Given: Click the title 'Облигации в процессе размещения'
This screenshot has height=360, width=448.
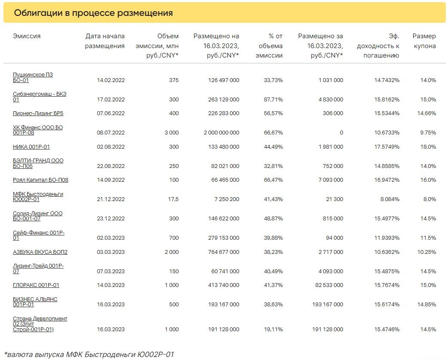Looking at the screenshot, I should (93, 13).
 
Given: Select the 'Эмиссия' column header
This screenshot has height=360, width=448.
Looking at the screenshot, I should (27, 36).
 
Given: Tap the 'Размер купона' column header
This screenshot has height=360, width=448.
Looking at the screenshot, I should (424, 41).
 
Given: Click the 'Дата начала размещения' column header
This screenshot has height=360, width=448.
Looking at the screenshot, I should (105, 41).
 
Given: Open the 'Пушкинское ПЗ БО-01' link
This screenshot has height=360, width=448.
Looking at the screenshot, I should (33, 77).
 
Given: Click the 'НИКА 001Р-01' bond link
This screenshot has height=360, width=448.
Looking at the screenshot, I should (31, 147).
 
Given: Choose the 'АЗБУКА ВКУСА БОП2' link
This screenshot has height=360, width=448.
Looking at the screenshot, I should (40, 252).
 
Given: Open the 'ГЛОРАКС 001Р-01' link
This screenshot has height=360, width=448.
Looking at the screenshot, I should (36, 285).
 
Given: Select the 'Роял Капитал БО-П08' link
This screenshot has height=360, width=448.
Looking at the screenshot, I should (40, 180).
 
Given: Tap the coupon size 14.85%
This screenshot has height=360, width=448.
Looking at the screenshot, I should (426, 305).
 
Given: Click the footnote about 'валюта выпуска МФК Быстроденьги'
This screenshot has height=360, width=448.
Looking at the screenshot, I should (89, 354).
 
